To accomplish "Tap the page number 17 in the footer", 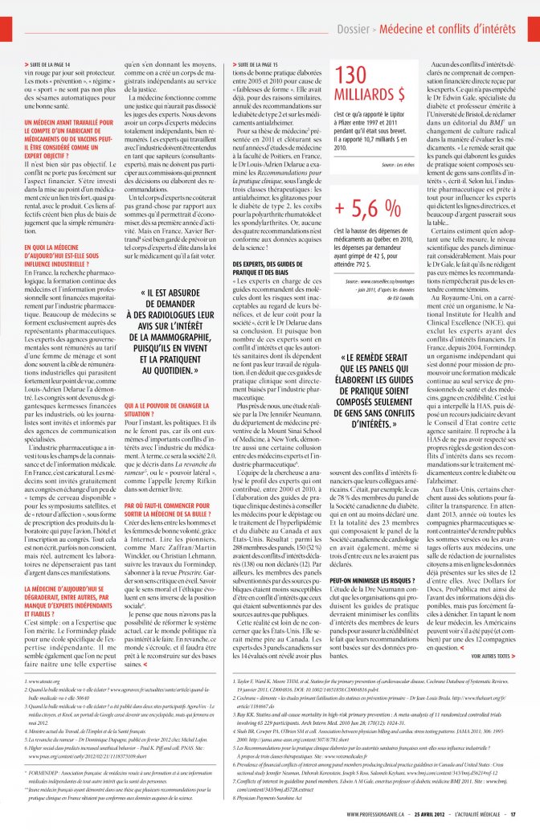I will (513, 814).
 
